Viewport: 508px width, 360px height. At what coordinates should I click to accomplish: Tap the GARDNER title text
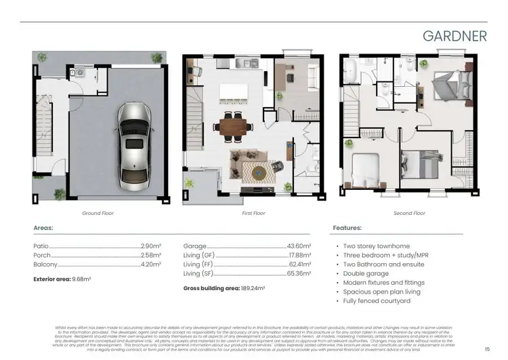[x=454, y=36]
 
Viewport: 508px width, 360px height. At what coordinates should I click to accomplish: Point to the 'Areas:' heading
[x=43, y=228]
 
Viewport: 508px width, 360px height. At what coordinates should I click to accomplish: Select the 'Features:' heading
[x=347, y=228]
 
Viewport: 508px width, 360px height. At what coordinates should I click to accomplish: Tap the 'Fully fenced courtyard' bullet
[x=377, y=301]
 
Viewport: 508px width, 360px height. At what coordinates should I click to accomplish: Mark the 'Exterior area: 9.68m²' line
[x=62, y=279]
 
